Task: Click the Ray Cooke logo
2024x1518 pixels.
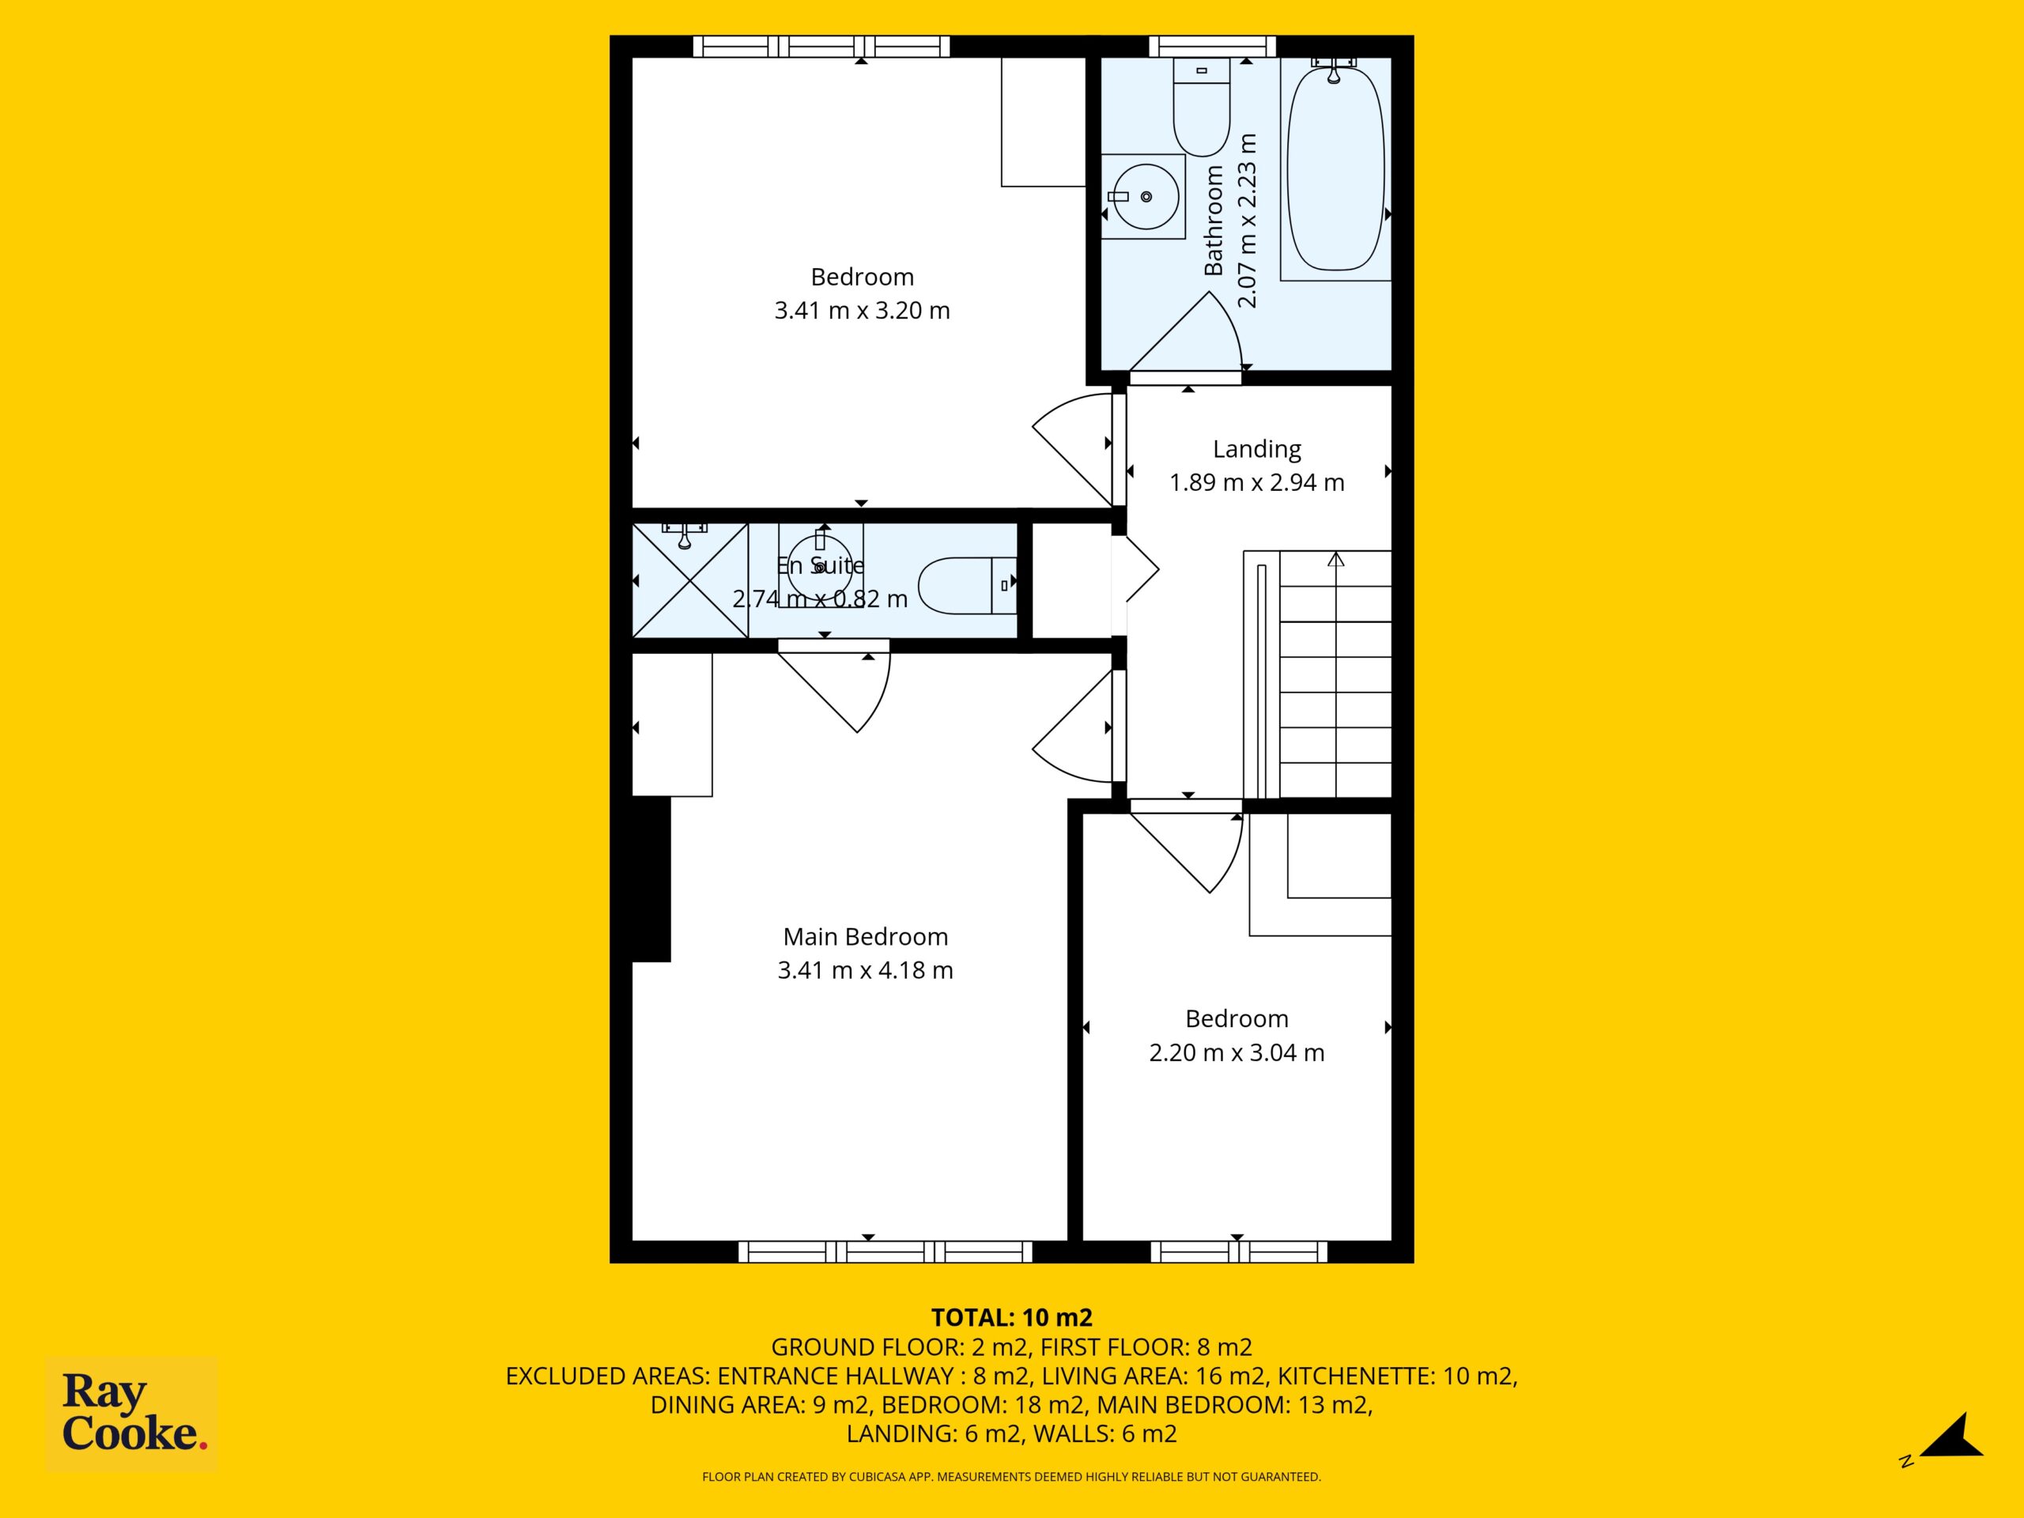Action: pos(132,1414)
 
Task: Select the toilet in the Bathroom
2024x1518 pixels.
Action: pos(1202,106)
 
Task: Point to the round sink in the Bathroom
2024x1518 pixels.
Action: pos(1144,197)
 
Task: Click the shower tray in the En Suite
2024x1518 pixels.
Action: pos(690,580)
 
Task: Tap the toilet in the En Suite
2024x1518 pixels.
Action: pos(967,586)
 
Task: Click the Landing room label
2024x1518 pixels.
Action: pos(1256,449)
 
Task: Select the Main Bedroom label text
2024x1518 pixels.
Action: pos(865,937)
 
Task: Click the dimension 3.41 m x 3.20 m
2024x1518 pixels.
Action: pos(862,310)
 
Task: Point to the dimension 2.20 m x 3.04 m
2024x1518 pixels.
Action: pos(1237,1052)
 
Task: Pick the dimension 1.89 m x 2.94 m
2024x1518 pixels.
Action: pos(1256,482)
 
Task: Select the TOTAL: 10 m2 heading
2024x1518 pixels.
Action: pos(1011,1318)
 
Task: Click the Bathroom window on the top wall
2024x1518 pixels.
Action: pos(1212,46)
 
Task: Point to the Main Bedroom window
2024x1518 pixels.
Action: pos(885,1252)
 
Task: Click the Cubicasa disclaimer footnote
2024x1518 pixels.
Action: pos(1011,1477)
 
